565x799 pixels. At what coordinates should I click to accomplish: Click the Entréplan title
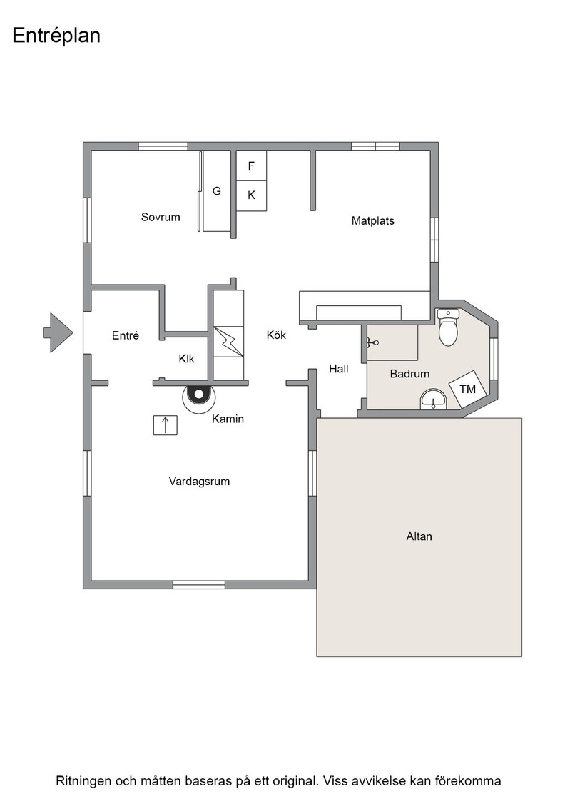point(56,36)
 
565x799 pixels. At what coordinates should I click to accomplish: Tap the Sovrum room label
point(161,217)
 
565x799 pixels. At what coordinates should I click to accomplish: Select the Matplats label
point(373,220)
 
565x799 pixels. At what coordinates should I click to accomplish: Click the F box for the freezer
point(251,166)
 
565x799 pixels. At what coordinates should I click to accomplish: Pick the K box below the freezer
point(251,195)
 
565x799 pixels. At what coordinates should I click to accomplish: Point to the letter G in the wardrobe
point(217,191)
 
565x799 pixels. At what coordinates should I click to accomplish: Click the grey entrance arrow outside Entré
point(58,332)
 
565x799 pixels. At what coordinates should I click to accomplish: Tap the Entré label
point(126,335)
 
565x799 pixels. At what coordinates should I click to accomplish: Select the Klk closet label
point(186,359)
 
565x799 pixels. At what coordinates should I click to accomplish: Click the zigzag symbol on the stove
point(228,342)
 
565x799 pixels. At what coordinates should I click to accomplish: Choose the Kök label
point(276,335)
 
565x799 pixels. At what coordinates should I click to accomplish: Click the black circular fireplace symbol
point(199,394)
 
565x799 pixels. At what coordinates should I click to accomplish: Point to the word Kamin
point(228,419)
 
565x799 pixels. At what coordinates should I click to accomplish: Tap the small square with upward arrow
point(166,425)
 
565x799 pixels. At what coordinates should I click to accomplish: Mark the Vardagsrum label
point(199,481)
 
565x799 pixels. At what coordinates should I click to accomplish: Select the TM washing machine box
point(468,389)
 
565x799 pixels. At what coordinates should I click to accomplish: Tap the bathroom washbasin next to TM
point(433,399)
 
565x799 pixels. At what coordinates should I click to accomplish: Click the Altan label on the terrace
point(419,536)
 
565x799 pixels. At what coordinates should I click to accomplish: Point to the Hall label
point(339,368)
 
